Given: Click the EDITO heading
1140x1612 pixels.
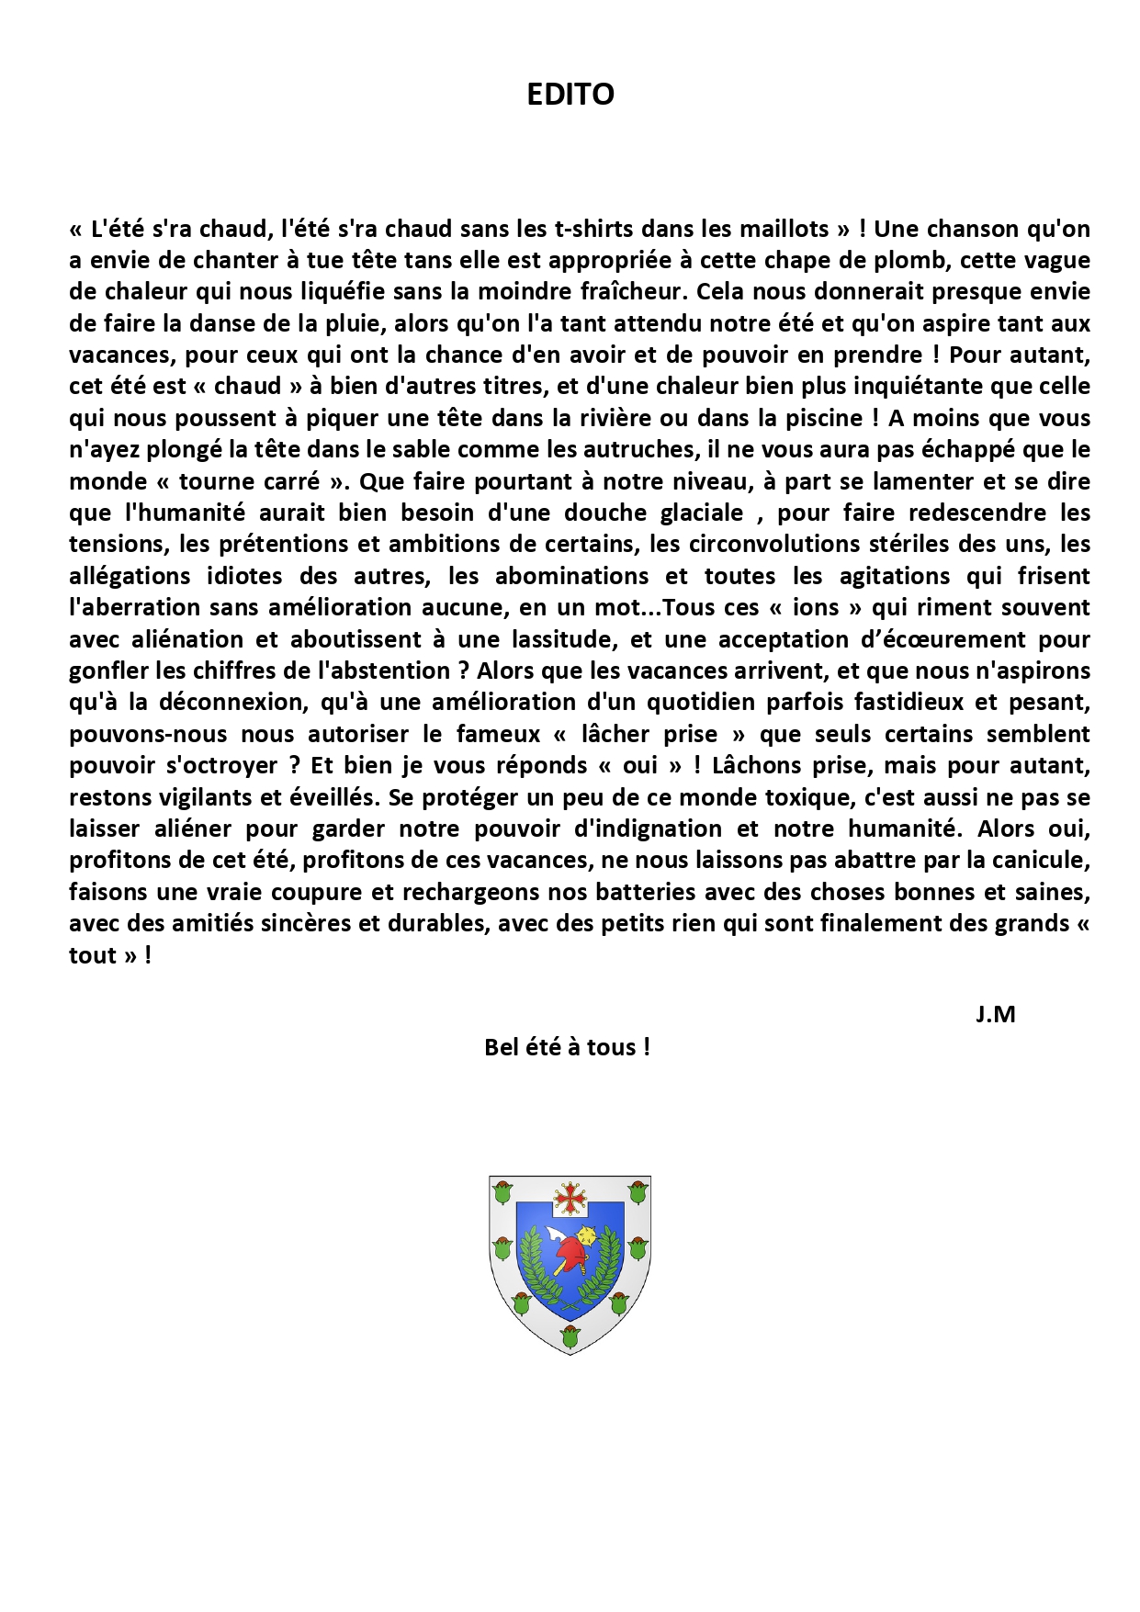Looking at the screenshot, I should click(570, 94).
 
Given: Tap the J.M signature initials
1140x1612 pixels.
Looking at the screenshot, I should click(995, 1015).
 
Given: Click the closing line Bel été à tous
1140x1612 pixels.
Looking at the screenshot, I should click(567, 1047).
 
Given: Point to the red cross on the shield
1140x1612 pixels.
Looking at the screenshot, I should click(570, 1197).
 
